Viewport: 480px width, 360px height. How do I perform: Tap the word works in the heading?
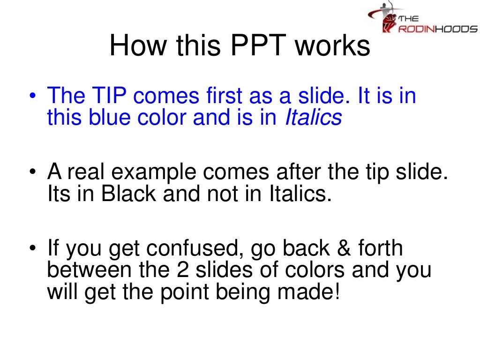tap(335, 46)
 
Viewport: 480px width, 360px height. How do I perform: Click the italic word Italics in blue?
tap(313, 118)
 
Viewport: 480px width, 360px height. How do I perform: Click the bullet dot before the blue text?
tap(32, 97)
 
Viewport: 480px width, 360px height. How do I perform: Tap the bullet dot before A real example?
tap(32, 172)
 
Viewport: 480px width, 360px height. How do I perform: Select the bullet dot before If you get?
tap(32, 248)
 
